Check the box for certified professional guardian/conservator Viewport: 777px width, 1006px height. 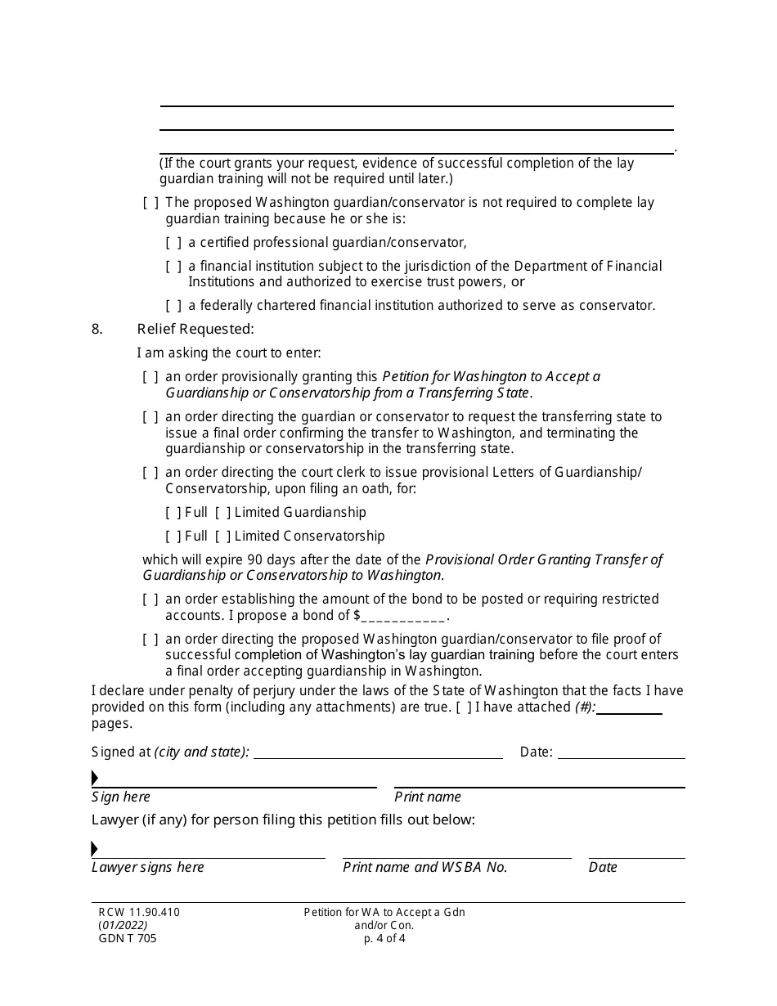tap(173, 243)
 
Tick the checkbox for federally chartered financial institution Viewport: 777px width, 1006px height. tap(173, 306)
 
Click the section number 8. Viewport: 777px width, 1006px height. tap(97, 330)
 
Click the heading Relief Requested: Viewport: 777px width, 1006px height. tap(195, 330)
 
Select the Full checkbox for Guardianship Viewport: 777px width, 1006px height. tap(173, 513)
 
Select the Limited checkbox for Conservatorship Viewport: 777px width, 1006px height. tap(222, 537)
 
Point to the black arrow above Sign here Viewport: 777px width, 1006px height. tap(95, 778)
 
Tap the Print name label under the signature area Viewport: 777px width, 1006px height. tap(428, 797)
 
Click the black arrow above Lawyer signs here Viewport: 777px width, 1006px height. tap(95, 848)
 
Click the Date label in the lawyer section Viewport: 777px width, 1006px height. tap(603, 868)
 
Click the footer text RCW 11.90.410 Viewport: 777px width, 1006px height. tap(135, 913)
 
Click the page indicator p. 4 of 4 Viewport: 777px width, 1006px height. tap(384, 939)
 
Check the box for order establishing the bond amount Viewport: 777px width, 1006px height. tap(150, 600)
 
